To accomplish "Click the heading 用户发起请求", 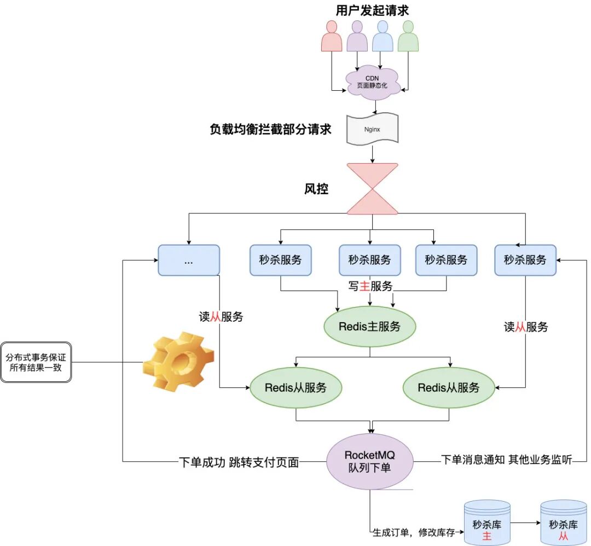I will [372, 10].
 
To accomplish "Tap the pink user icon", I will [331, 37].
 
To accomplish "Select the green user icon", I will [408, 37].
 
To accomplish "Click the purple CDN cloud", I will [372, 83].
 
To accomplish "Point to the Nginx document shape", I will [372, 130].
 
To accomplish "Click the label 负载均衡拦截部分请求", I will [270, 130].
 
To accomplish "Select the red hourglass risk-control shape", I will [373, 188].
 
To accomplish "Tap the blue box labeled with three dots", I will [188, 260].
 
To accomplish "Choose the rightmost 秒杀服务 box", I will [525, 260].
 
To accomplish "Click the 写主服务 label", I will [370, 286].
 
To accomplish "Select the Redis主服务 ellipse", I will [369, 327].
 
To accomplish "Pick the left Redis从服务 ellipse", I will [296, 387].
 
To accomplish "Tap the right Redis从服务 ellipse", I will [448, 387].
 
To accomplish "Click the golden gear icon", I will [178, 362].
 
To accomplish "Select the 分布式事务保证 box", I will [36, 362].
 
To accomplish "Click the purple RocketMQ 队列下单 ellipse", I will [369, 462].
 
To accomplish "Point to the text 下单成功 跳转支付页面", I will [239, 462].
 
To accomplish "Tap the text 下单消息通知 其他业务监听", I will [506, 460].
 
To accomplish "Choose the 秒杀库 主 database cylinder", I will [486, 524].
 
